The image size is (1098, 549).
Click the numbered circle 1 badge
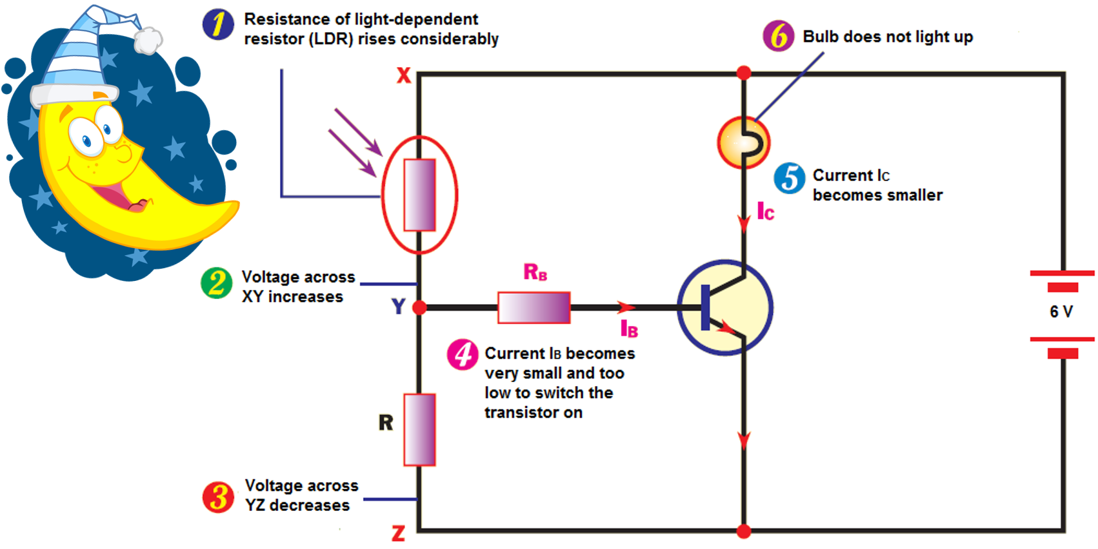[218, 24]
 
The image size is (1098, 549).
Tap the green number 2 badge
[217, 284]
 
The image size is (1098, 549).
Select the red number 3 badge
[219, 497]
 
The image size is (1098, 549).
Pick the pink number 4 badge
[463, 354]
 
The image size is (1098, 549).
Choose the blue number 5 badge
[790, 178]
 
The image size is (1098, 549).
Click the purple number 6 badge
[779, 36]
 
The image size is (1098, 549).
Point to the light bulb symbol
[743, 142]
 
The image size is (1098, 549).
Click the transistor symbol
[725, 307]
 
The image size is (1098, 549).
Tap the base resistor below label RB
[534, 307]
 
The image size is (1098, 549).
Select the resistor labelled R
[419, 430]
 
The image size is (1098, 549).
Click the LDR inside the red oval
[419, 195]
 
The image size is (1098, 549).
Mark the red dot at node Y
[419, 308]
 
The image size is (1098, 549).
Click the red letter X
[404, 75]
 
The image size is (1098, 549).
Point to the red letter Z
[399, 534]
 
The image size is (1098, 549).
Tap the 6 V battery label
[1061, 312]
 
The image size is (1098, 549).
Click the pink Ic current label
[765, 211]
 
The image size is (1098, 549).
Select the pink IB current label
[629, 329]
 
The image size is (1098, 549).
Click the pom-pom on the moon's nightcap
[148, 40]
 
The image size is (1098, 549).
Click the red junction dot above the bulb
[744, 73]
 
